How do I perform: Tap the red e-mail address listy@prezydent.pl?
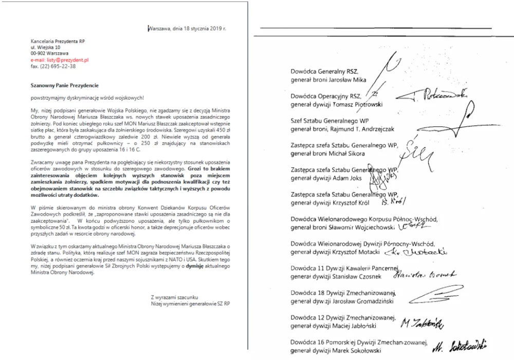[60, 60]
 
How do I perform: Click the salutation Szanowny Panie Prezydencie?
[64, 85]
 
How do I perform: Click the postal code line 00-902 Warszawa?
[50, 53]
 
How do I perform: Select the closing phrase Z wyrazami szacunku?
[174, 297]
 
